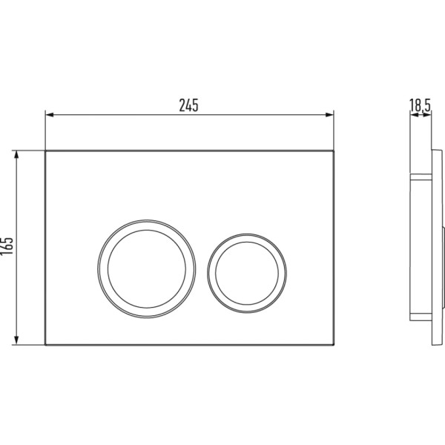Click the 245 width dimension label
pyautogui.click(x=188, y=105)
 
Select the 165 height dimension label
pyautogui.click(x=7, y=245)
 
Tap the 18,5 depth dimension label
pyautogui.click(x=421, y=105)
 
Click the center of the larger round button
pyautogui.click(x=146, y=268)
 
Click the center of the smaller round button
pyautogui.click(x=247, y=273)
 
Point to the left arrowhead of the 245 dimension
pyautogui.click(x=50, y=115)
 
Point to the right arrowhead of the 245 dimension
pyautogui.click(x=330, y=115)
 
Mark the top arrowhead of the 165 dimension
pyautogui.click(x=16, y=155)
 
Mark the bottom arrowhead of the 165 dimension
pyautogui.click(x=16, y=340)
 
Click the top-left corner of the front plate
pyautogui.click(x=45, y=151)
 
